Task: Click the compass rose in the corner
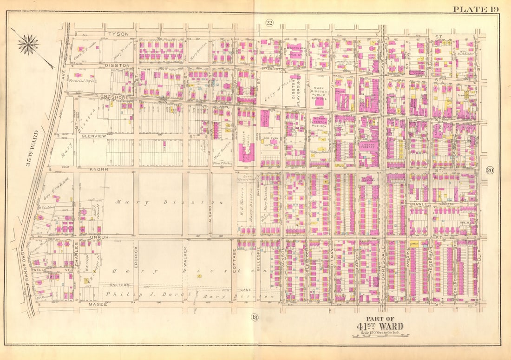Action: [29, 44]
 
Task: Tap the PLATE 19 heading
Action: [475, 9]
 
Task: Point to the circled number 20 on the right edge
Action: [490, 170]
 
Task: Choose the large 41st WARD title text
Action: [380, 326]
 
